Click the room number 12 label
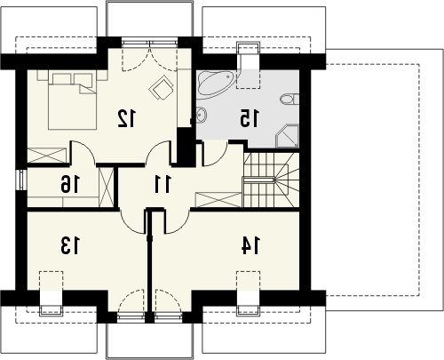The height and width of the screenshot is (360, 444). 127,118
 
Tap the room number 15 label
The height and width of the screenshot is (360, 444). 250,118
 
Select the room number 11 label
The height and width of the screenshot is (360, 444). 163,184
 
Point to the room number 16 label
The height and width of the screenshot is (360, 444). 70,184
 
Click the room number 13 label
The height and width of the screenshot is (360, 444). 70,245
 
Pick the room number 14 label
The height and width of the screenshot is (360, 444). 250,245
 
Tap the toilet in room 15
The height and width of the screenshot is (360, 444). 289,100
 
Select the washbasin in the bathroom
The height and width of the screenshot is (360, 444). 202,115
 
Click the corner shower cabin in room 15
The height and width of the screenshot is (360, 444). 287,136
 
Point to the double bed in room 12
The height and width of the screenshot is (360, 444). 72,100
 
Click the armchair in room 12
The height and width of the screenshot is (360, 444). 162,87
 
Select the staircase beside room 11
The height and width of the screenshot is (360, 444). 271,180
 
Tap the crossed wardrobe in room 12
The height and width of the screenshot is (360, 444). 47,156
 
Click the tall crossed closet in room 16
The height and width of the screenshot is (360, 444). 106,187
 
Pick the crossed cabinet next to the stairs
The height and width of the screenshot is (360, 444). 218,200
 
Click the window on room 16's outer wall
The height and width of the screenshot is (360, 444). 21,180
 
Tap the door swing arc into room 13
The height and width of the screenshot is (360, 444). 132,220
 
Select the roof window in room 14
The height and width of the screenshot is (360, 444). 249,292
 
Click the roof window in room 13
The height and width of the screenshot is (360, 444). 52,292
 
